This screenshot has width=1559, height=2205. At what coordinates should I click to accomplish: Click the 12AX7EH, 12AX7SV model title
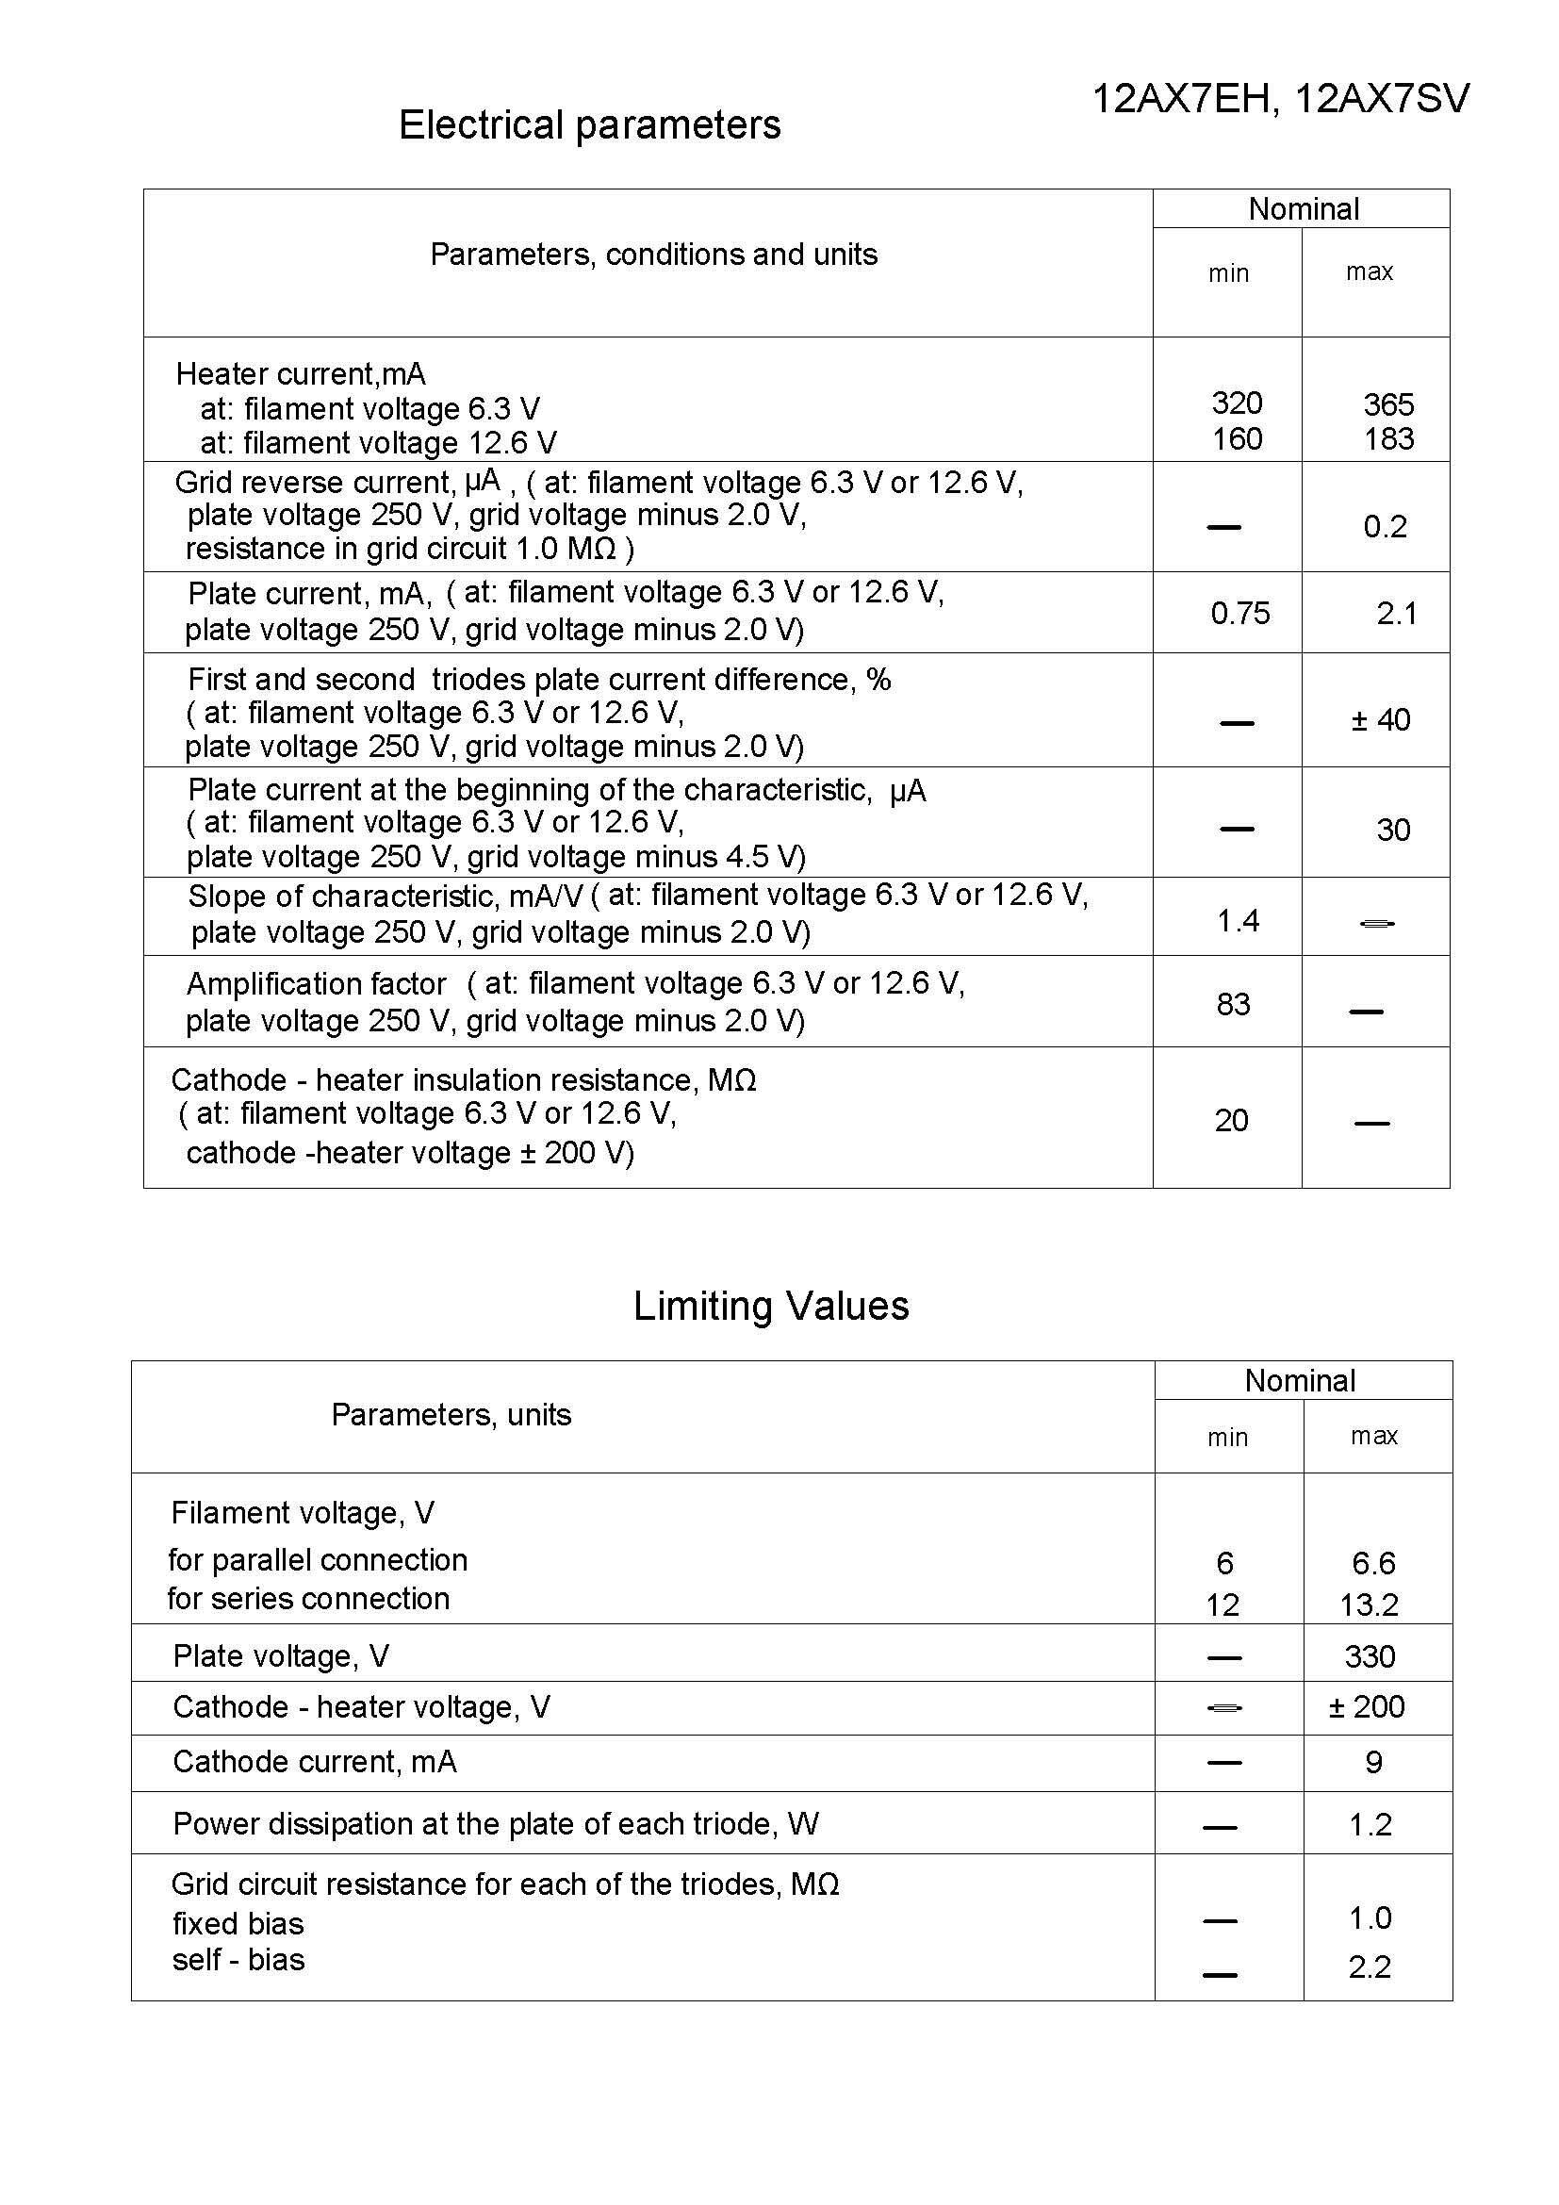[1281, 99]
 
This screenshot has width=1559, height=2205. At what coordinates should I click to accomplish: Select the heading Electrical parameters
[589, 124]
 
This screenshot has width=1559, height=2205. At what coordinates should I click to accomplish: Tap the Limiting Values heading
[771, 1306]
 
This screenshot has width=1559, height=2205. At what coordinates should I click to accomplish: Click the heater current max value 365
[1388, 404]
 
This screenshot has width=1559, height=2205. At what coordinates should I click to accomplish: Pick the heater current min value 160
[1237, 439]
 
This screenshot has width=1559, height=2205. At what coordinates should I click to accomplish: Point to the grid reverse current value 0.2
[1385, 526]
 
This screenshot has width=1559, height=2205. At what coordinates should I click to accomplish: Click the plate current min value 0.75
[1239, 613]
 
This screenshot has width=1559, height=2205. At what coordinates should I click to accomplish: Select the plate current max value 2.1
[1396, 613]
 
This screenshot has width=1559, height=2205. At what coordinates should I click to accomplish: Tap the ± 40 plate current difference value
[1381, 719]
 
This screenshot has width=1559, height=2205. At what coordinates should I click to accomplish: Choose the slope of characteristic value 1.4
[1238, 921]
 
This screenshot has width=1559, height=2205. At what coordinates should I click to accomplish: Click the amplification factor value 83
[1233, 1005]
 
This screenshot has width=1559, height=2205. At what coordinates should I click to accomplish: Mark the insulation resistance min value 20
[1231, 1120]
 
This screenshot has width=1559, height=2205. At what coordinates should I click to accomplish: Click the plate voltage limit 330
[1369, 1656]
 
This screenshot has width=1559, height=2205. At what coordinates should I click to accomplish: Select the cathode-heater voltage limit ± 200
[1366, 1706]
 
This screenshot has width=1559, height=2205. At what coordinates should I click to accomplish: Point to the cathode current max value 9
[1373, 1762]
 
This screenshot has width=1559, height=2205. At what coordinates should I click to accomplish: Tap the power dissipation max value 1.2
[1370, 1825]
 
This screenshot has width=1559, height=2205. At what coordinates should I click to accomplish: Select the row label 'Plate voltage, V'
[280, 1655]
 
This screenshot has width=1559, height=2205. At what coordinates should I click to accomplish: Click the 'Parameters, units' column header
[451, 1415]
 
